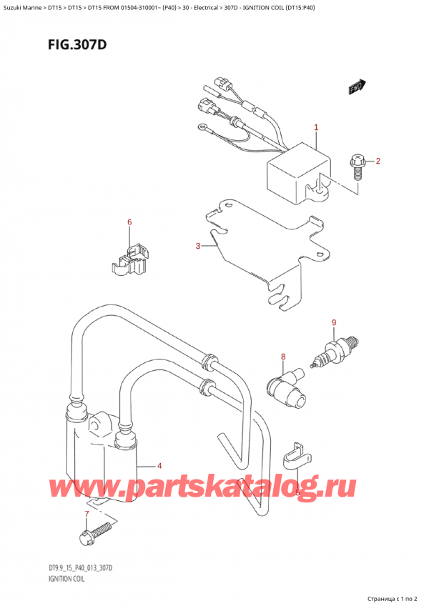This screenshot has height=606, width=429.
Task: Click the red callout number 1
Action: click(x=315, y=128)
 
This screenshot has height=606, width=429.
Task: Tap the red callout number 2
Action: click(x=378, y=161)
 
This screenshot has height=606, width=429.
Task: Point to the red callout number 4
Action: click(x=159, y=466)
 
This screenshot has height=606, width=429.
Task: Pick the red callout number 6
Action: click(x=129, y=222)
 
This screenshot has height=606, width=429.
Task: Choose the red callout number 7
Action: click(x=87, y=514)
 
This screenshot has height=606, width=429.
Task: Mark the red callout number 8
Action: click(x=282, y=357)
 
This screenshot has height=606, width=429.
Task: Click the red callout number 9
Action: click(x=334, y=323)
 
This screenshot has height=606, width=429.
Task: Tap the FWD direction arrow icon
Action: click(x=355, y=87)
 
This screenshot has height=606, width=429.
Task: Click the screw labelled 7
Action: click(x=95, y=532)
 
